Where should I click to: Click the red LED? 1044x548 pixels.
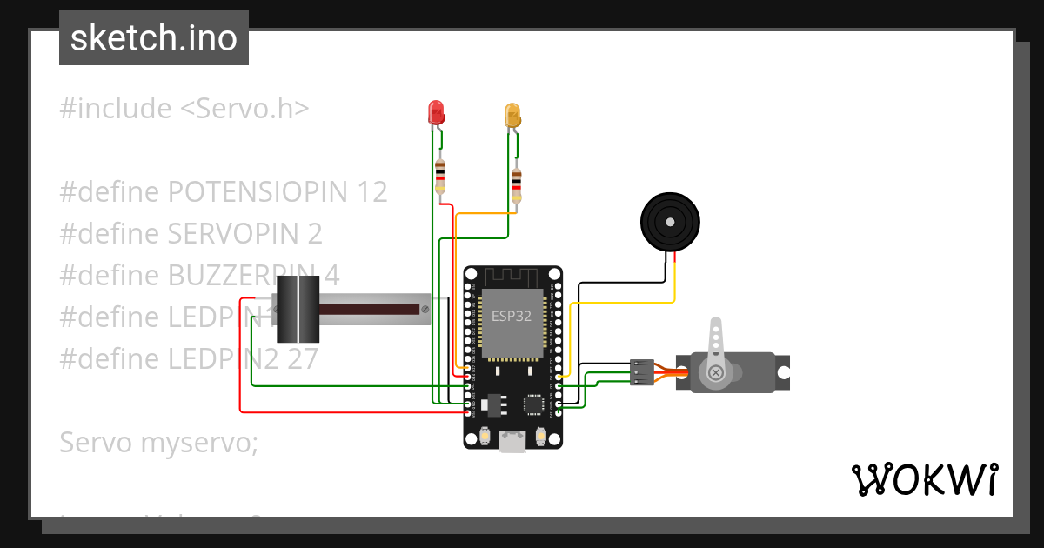(436, 112)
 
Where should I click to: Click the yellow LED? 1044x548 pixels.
(512, 115)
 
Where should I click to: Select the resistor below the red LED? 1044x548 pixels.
(440, 177)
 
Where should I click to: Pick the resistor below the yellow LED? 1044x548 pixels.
(517, 184)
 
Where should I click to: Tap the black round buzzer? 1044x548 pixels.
(670, 223)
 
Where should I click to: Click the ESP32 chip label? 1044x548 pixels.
(512, 316)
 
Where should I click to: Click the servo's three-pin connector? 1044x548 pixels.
(641, 372)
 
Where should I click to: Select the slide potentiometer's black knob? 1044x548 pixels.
(298, 309)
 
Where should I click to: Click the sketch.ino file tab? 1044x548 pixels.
(154, 38)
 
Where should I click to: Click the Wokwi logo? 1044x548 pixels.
(923, 480)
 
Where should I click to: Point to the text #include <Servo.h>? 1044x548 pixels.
(184, 109)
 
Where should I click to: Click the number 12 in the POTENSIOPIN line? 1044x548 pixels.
(370, 191)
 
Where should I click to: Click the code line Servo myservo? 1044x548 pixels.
(159, 442)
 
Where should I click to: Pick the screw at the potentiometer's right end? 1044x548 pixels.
(425, 309)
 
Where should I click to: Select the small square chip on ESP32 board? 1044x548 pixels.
(532, 404)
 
